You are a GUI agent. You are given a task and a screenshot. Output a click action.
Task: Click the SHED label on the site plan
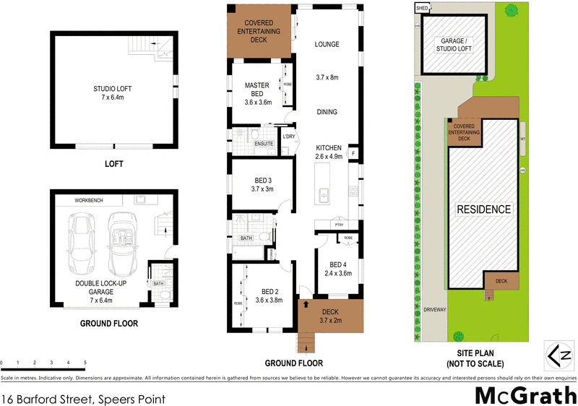click(x=422, y=8)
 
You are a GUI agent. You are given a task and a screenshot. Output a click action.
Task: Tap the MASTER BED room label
click(x=256, y=85)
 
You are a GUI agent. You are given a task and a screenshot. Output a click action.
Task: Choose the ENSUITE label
click(x=264, y=144)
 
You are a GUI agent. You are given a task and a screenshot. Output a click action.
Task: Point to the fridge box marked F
click(x=354, y=153)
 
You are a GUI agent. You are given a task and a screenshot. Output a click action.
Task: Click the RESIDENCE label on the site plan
click(x=483, y=210)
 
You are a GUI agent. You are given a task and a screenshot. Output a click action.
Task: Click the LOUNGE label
click(x=327, y=44)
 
